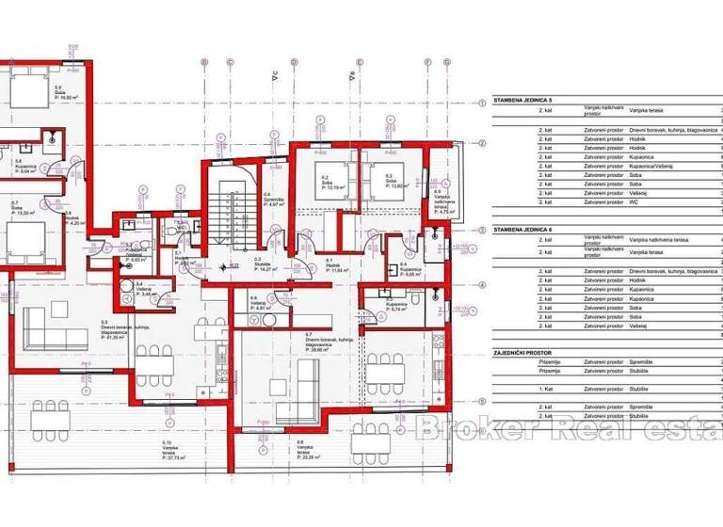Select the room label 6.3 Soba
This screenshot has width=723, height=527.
point(379,181)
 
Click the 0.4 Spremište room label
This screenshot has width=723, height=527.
point(269,200)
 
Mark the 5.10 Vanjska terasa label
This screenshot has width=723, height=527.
point(167,446)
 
